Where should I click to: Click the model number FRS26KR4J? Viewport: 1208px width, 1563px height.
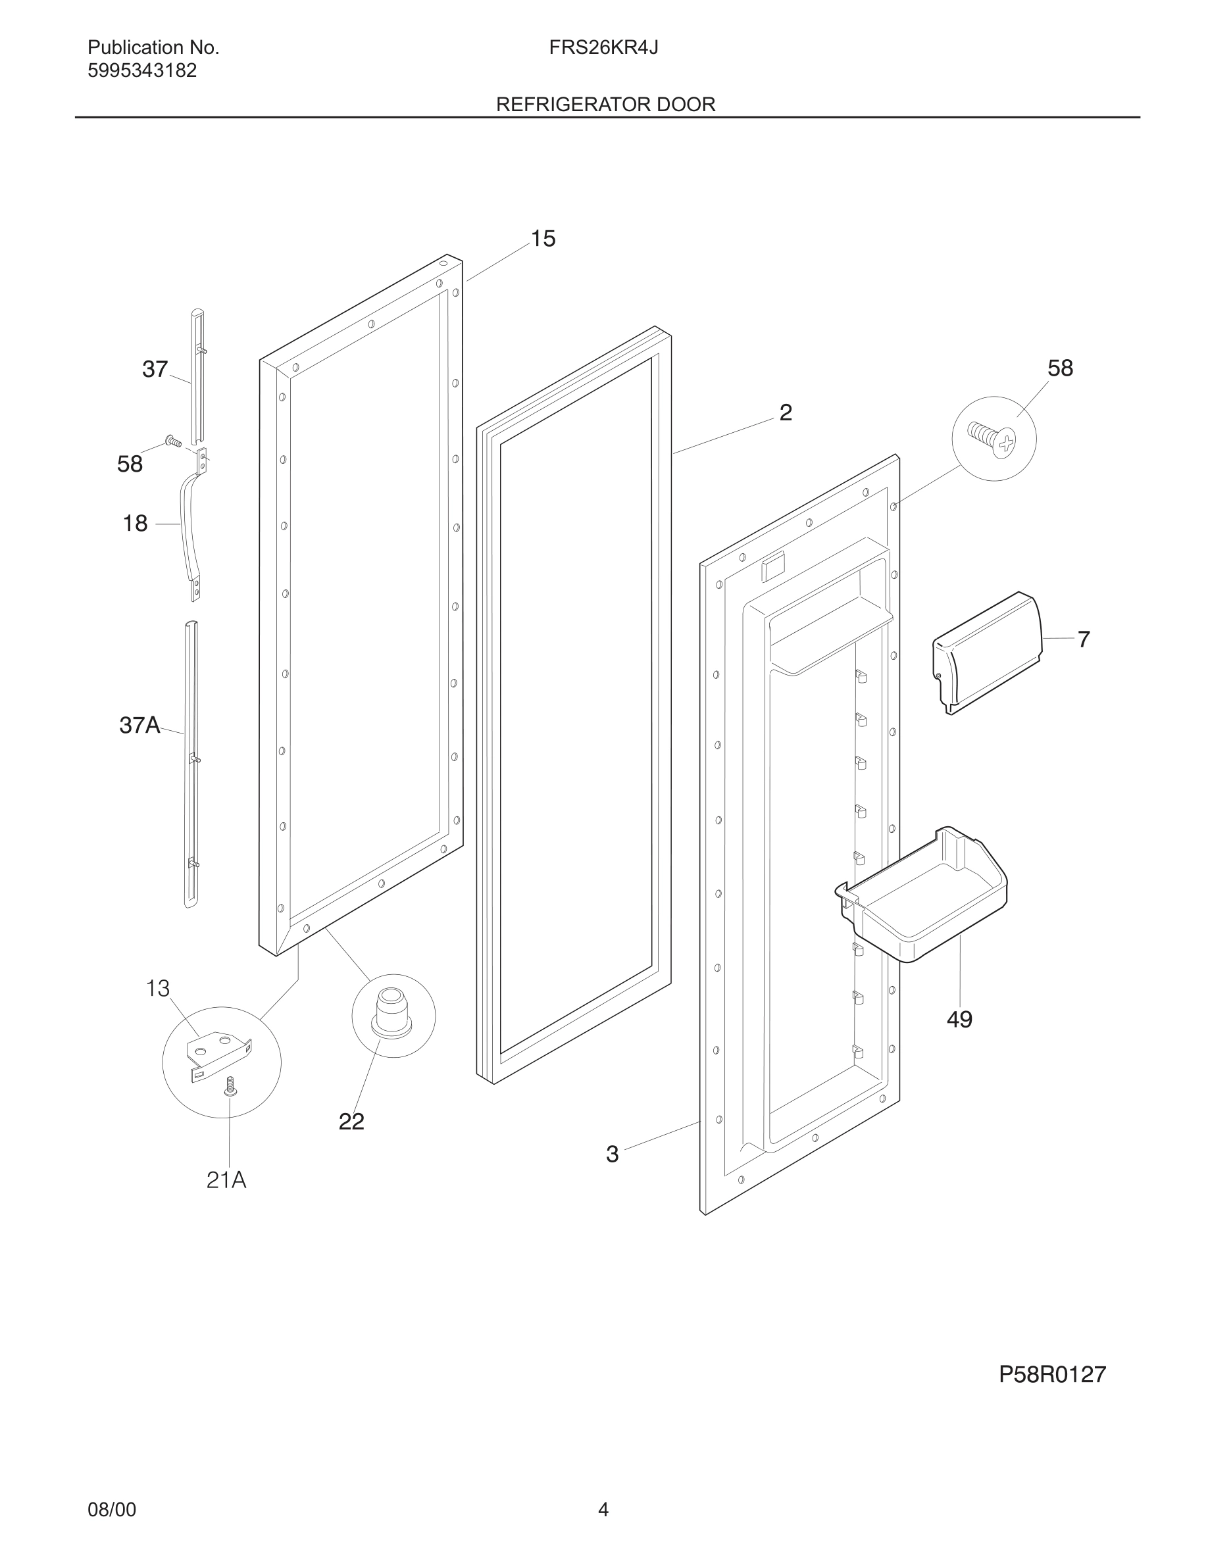click(603, 48)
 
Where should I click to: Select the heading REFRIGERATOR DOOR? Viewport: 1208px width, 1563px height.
click(605, 105)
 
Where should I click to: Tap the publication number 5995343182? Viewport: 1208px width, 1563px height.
click(141, 71)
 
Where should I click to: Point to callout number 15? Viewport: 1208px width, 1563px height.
click(542, 239)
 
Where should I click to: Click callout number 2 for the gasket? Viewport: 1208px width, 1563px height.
click(785, 413)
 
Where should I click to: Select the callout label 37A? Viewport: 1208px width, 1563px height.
click(139, 725)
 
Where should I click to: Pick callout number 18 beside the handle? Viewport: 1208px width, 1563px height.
click(136, 524)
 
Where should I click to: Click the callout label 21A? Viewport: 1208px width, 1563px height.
click(226, 1180)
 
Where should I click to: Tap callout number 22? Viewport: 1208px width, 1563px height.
click(351, 1122)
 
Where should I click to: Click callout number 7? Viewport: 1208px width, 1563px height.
click(1084, 639)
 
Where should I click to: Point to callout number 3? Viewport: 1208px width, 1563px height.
click(612, 1154)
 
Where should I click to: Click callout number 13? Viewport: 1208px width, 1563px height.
click(157, 989)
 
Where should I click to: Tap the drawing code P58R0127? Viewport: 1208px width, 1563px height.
click(1052, 1375)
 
